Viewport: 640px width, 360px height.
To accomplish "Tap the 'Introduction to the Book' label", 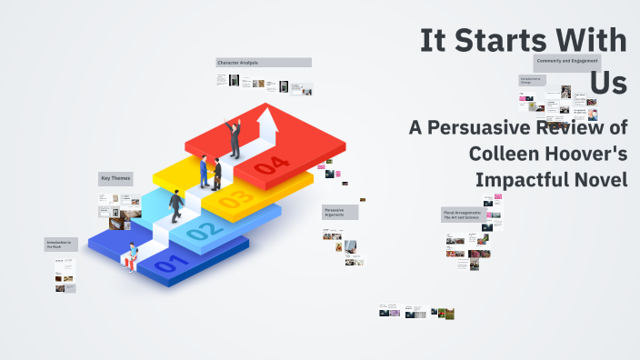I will click(x=59, y=245).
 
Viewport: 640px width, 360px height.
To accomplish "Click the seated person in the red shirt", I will click(x=133, y=256).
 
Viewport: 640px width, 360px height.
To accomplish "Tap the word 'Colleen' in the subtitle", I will click(x=503, y=154).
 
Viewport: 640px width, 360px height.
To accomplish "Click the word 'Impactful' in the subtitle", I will click(x=514, y=179).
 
